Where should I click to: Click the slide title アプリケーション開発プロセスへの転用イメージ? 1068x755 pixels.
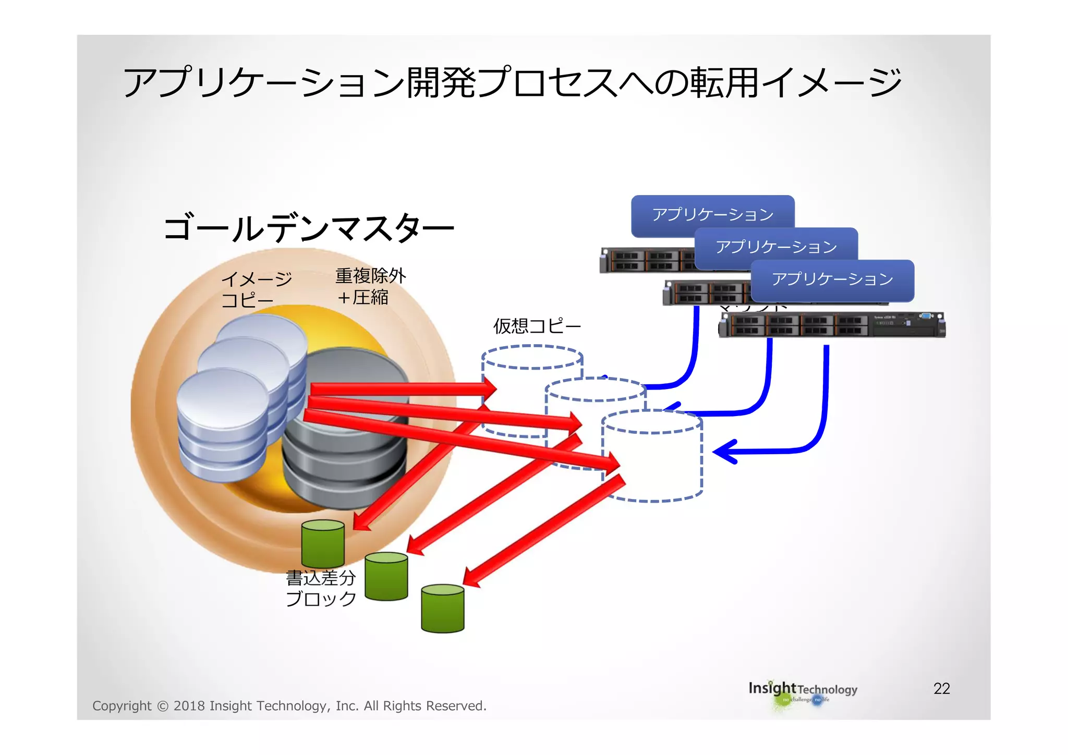pos(512,82)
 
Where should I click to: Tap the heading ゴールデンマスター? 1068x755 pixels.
pos(308,228)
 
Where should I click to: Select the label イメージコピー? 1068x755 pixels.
pos(256,289)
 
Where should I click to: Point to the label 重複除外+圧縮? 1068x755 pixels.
pos(370,286)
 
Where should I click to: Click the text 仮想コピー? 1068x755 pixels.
pos(537,326)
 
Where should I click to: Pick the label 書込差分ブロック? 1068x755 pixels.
pos(320,588)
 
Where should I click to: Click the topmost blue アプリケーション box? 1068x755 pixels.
pos(712,214)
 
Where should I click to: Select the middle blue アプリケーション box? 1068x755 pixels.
pos(776,247)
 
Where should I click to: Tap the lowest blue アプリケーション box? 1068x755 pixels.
pos(832,279)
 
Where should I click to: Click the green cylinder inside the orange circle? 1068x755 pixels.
pos(323,543)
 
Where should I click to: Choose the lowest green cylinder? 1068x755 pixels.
pos(442,608)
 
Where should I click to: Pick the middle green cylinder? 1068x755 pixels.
pos(386,576)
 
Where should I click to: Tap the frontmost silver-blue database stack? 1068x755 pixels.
pos(223,425)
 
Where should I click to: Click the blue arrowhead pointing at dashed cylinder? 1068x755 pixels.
pos(725,451)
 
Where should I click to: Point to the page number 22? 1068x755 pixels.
pos(941,688)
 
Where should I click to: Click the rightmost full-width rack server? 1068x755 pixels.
pos(831,325)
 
